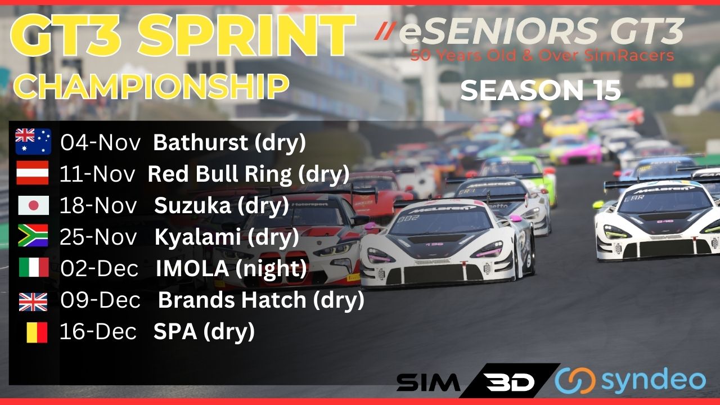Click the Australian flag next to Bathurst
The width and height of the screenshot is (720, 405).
33,141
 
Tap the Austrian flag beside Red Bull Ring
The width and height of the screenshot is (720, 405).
33,173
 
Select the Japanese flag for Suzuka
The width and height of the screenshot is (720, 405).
33,205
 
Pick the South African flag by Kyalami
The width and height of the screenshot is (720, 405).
33,236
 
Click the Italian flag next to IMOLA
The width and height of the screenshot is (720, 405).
34,267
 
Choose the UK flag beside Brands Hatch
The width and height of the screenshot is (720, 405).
33,302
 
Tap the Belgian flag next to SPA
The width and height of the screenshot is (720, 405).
37,332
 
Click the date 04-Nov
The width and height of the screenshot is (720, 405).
101,142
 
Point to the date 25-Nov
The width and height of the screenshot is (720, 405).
98,237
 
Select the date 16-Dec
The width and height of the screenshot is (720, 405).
98,331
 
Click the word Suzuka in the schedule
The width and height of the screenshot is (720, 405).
192,205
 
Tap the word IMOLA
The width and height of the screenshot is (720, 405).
192,268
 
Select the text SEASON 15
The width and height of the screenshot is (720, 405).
541,90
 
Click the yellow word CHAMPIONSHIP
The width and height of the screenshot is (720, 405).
151,86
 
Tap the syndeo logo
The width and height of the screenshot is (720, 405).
631,381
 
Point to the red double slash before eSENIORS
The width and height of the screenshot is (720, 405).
384,31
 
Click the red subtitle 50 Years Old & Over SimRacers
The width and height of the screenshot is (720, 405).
542,55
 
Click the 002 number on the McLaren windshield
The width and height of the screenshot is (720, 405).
408,219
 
